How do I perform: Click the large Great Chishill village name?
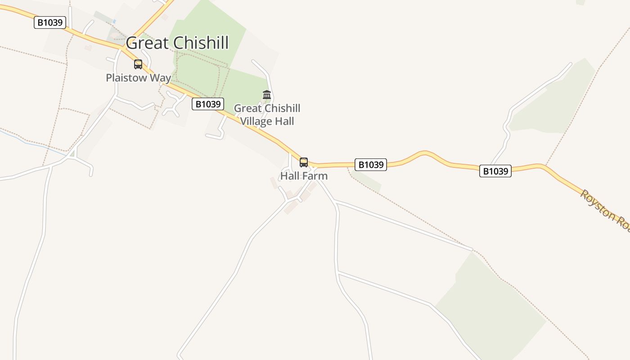[177, 43]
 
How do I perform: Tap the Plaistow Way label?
[138, 78]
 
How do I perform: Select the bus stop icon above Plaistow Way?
[138, 64]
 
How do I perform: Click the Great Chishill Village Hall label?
[267, 115]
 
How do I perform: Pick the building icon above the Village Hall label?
[267, 95]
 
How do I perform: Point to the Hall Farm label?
[304, 176]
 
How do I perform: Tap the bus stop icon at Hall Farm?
[304, 162]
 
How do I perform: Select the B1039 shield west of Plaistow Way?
[50, 22]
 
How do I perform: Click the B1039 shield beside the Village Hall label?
[208, 104]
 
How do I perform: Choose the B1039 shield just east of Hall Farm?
[371, 165]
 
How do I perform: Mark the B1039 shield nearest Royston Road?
[495, 171]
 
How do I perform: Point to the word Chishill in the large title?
[201, 43]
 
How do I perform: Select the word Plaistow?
[126, 78]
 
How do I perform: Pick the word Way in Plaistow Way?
[160, 78]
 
